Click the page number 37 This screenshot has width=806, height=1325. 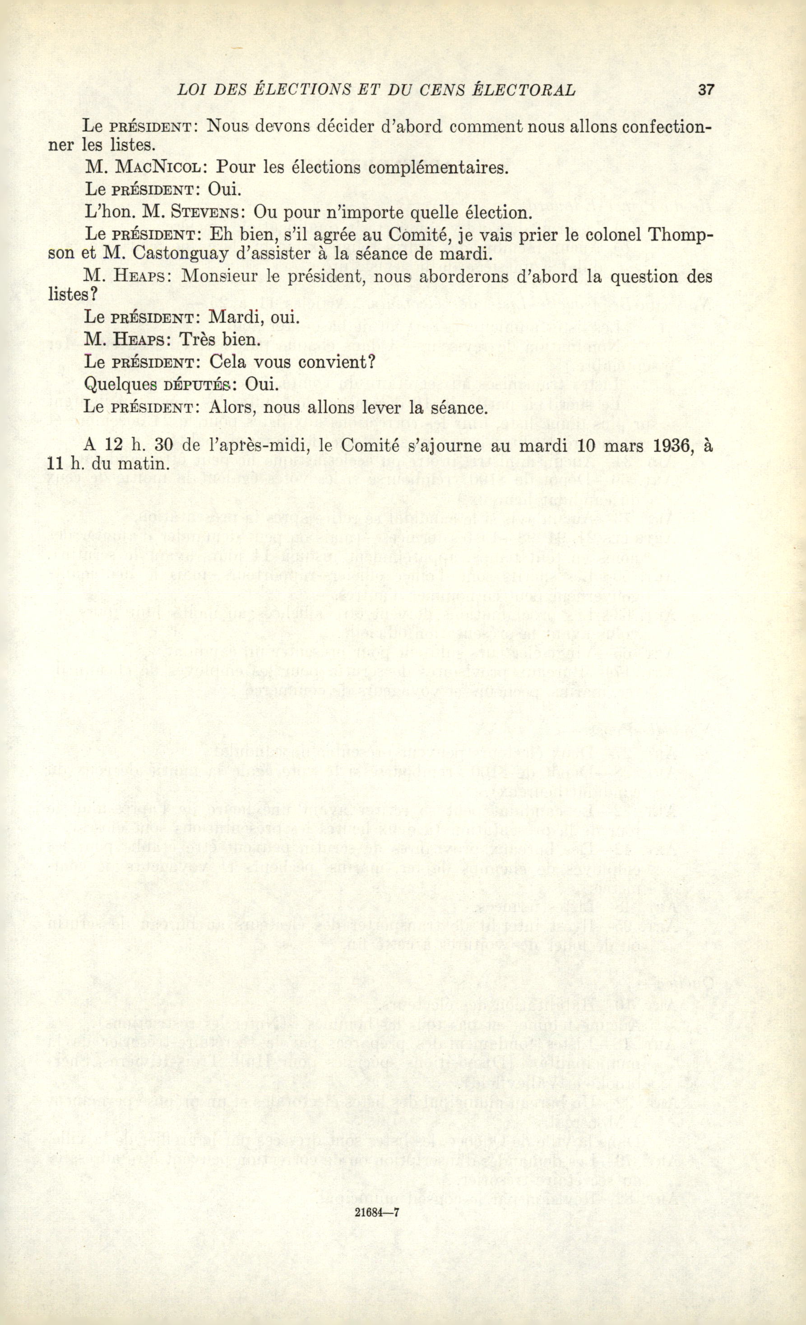[705, 90]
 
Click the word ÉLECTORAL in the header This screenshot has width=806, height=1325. [523, 90]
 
